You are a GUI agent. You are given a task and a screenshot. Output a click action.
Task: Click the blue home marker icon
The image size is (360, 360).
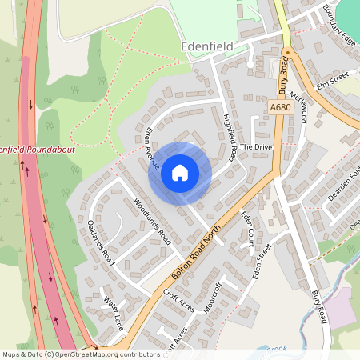point(180,172)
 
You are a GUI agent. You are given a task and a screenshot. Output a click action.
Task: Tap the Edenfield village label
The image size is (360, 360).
point(206,46)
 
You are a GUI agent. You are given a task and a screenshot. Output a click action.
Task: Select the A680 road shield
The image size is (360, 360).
point(281,107)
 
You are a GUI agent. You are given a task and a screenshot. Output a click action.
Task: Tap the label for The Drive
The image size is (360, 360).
point(256,147)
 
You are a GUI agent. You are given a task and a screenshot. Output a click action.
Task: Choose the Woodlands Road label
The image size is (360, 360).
point(153,221)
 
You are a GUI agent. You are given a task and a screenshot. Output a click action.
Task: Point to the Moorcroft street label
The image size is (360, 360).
point(212,296)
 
